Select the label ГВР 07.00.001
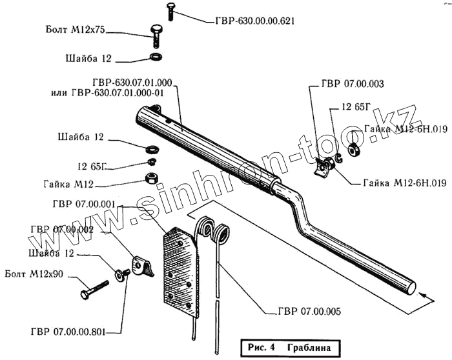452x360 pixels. (81, 205)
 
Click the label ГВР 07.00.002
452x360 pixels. (61, 229)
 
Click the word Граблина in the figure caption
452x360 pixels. (309, 347)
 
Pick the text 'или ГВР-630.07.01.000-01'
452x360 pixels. (107, 92)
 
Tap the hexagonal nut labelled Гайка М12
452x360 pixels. (152, 177)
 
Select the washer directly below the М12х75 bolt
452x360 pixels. (156, 59)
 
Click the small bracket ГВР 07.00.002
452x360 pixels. (142, 265)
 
